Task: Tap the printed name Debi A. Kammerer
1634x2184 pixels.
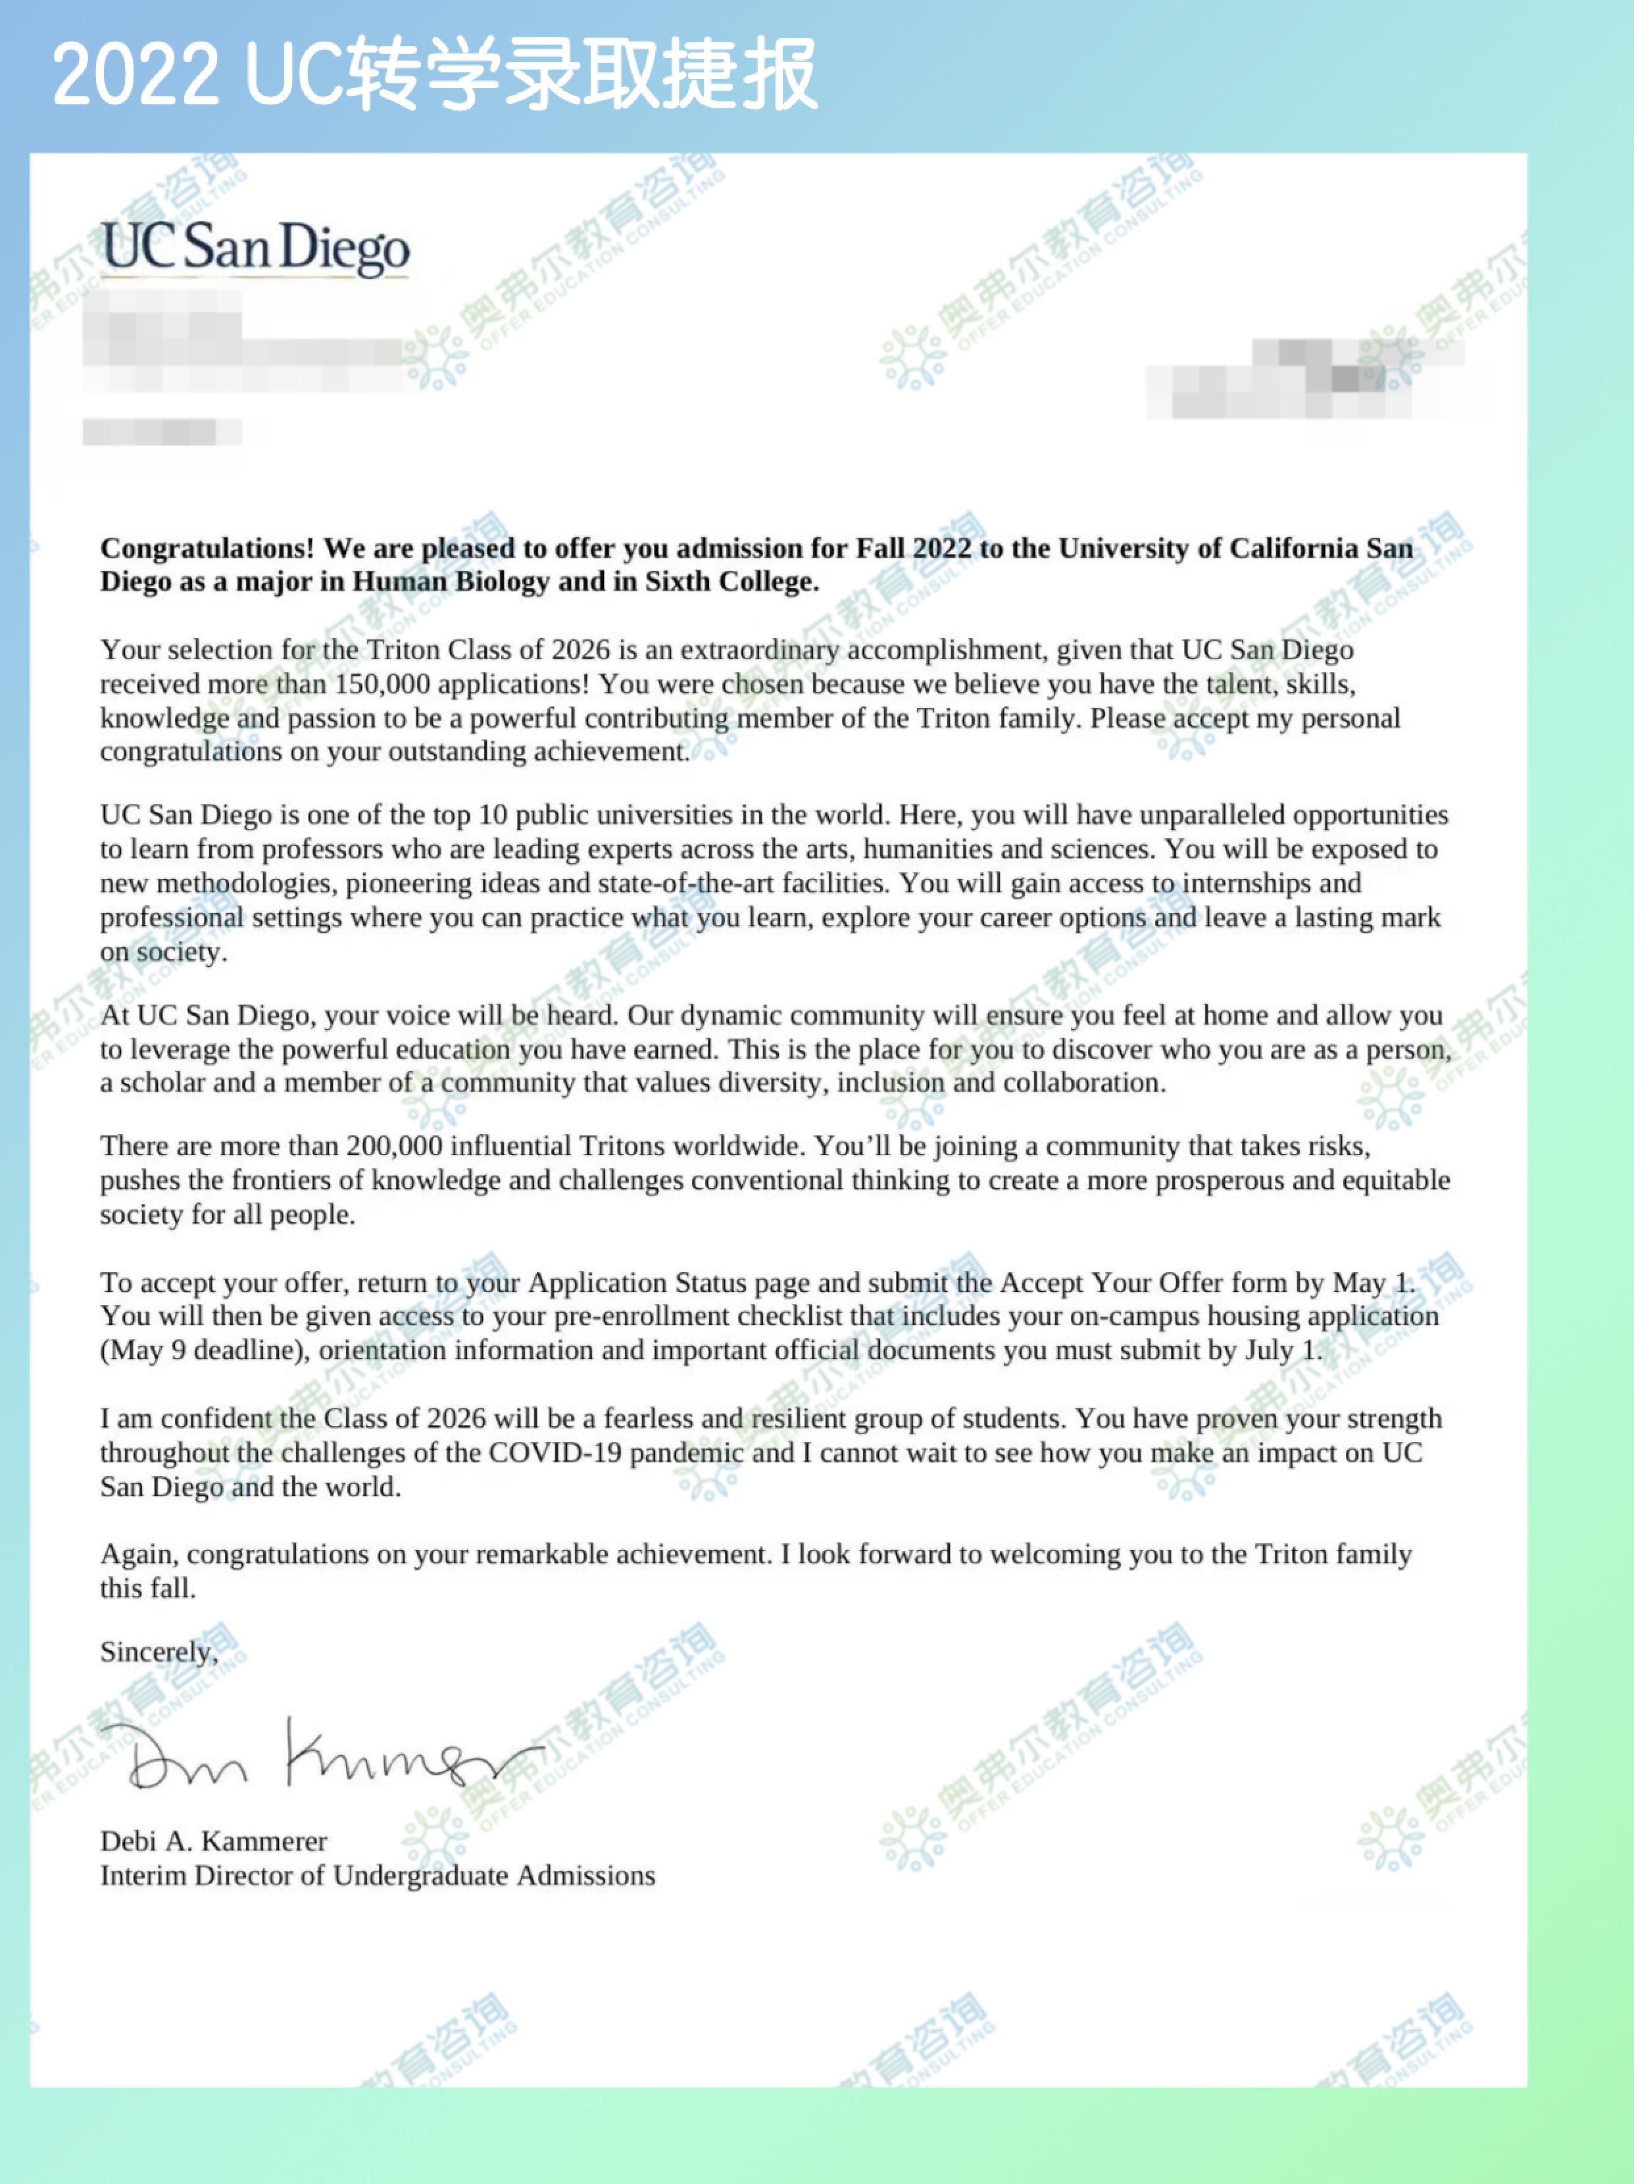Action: tap(213, 1841)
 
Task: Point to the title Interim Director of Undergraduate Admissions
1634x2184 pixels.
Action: tap(377, 1876)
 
